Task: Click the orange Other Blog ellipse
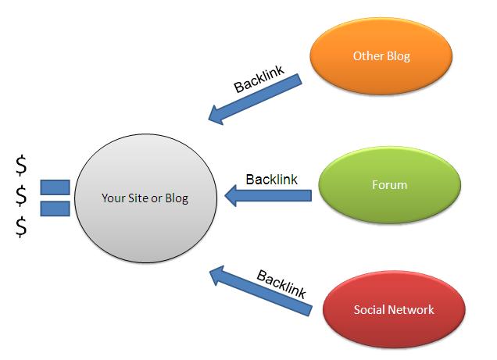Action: pos(381,56)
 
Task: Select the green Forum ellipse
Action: pos(389,185)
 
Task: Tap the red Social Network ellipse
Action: pos(394,309)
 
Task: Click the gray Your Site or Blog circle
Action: pos(146,198)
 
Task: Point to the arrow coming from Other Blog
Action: pos(256,99)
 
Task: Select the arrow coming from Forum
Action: pos(268,196)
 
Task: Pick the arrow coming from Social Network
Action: pos(261,290)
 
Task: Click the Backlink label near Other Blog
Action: pos(259,79)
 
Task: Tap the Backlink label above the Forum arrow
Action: pos(272,180)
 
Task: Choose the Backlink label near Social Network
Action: pos(281,284)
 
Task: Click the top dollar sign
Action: pos(21,166)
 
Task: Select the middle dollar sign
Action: pos(21,196)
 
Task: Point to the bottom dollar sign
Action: pos(21,226)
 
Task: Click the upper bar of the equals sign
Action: pos(55,187)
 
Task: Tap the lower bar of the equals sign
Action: pos(55,209)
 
